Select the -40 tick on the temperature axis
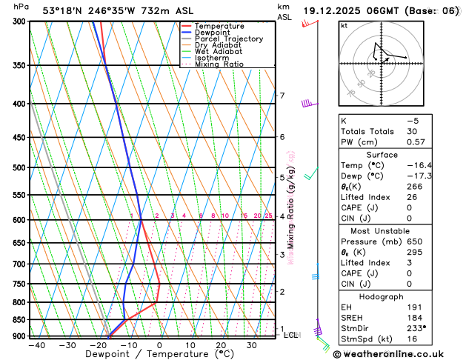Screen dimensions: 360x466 pyautogui.click(x=35, y=345)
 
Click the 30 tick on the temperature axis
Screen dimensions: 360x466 pyautogui.click(x=252, y=345)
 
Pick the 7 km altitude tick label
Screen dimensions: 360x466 pyautogui.click(x=282, y=96)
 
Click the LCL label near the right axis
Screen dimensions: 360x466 pyautogui.click(x=291, y=335)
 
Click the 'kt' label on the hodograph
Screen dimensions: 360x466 pyautogui.click(x=344, y=25)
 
